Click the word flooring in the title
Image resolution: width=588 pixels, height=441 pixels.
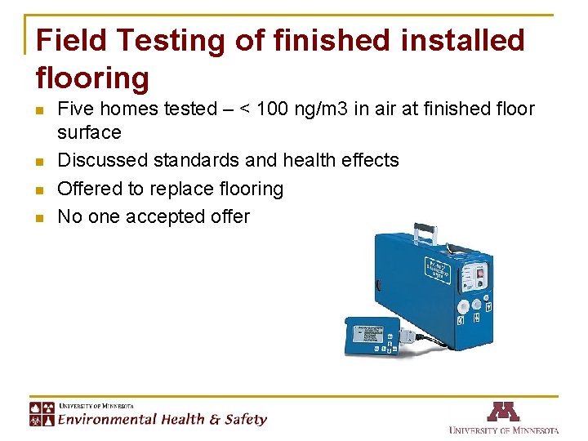[x=93, y=78]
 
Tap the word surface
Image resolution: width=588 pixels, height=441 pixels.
[x=89, y=132]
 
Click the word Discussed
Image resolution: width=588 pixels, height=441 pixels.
[x=100, y=160]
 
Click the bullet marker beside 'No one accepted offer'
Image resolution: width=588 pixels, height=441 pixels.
[x=39, y=218]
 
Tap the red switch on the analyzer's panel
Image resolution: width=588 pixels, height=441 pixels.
[x=480, y=274]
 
